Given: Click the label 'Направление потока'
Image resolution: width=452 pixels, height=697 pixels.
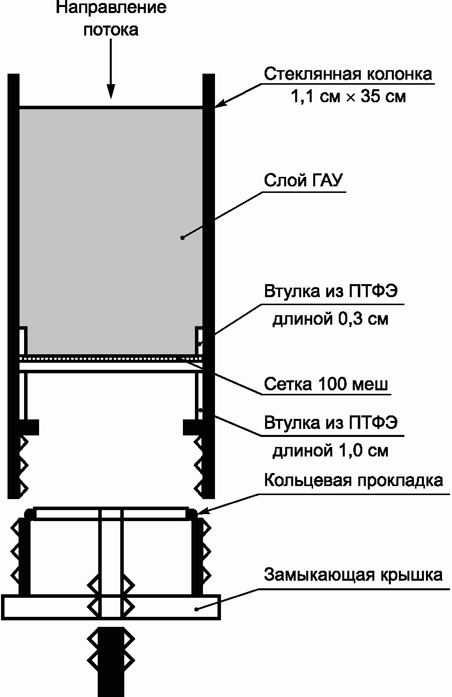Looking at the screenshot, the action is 111,19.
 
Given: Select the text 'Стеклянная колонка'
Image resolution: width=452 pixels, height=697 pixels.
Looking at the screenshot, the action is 348,74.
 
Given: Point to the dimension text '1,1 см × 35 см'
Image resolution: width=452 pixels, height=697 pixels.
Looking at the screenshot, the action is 348,97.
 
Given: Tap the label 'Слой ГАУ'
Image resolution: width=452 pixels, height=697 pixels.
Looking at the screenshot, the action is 305,180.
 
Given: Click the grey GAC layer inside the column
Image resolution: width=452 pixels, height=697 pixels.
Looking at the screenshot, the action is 110,200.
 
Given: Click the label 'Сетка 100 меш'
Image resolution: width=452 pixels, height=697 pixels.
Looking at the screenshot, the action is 326,385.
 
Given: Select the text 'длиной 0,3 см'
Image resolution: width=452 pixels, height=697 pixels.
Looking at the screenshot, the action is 330,319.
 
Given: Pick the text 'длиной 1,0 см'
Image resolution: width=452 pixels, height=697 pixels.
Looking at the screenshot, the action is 330,450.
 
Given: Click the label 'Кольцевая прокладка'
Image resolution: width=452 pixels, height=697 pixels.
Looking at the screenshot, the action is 353,480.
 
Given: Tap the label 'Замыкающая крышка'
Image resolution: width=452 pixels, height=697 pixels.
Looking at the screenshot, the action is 353,574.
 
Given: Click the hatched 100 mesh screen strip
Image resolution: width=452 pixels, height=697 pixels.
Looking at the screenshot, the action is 110,359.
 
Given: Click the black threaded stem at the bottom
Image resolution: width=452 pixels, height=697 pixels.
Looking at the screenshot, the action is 110,666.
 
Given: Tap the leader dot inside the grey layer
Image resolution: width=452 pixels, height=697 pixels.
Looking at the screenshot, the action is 182,238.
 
